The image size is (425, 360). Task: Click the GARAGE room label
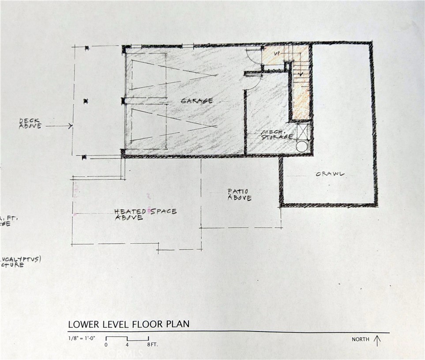[197, 101]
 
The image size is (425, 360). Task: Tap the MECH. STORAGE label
[277, 135]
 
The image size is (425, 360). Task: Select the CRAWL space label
[329, 174]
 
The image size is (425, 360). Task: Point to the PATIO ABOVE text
[239, 195]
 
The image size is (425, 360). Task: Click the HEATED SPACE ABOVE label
[145, 214]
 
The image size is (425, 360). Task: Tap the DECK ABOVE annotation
[30, 123]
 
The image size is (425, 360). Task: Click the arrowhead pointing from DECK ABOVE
[70, 126]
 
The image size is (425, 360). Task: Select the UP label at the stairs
[277, 53]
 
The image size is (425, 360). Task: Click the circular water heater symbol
[302, 146]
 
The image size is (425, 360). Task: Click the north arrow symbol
[377, 340]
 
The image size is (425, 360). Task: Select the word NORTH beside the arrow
[361, 340]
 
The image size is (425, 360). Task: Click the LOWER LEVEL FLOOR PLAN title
[128, 324]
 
